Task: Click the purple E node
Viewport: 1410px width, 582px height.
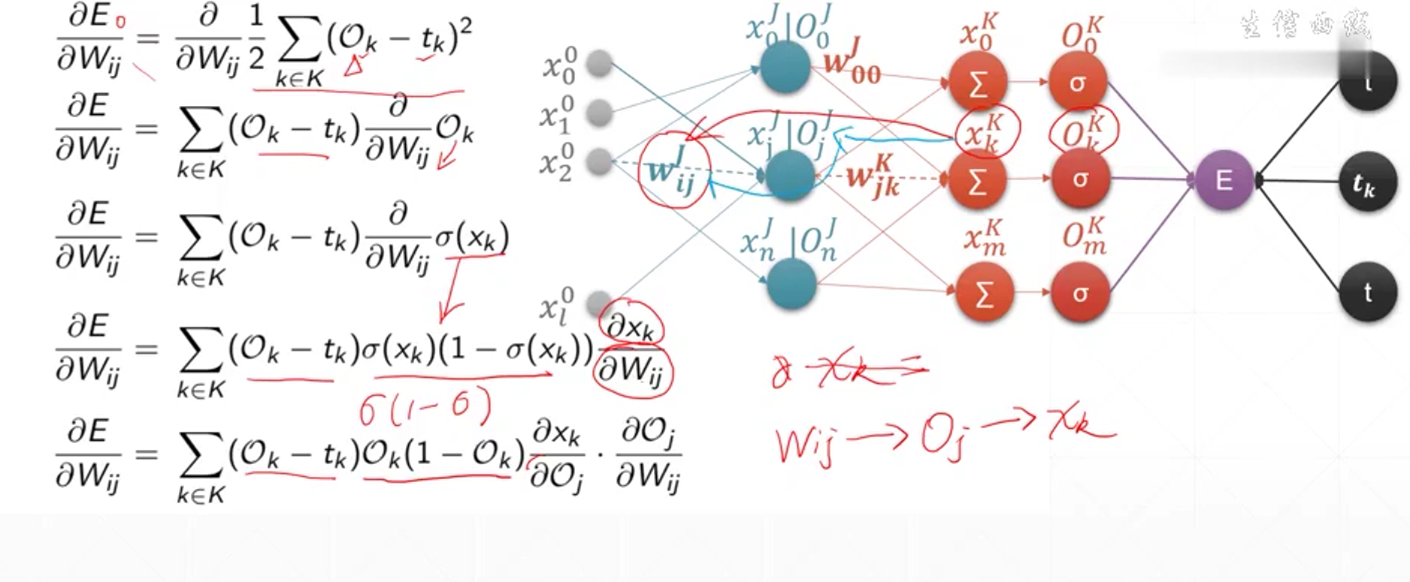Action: tap(1224, 180)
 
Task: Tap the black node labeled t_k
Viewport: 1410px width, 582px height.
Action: tap(1366, 182)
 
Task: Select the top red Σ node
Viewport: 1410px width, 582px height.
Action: tap(977, 83)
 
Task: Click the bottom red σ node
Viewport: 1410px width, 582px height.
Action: tap(1080, 293)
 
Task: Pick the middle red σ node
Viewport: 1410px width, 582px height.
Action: tap(1080, 179)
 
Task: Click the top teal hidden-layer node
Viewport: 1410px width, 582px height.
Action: tap(785, 68)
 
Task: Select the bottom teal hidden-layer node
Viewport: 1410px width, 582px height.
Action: tap(791, 283)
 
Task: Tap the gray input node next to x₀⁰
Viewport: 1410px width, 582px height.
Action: tap(599, 65)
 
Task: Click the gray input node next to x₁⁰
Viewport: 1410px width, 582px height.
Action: tap(599, 113)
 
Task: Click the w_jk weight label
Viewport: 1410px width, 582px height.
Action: tap(873, 177)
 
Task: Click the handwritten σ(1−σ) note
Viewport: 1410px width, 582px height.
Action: tap(425, 408)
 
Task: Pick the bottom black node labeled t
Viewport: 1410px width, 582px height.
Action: tap(1367, 292)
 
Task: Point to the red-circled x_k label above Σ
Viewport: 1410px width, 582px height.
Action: tap(985, 131)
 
